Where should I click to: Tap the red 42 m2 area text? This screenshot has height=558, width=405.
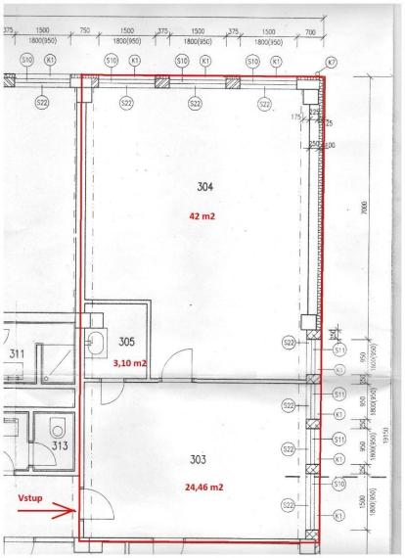[202, 214]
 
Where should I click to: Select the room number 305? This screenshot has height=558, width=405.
[127, 343]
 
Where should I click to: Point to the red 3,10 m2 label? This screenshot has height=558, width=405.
[129, 362]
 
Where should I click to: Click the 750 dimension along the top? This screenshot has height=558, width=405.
[85, 31]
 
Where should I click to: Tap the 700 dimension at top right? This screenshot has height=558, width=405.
[310, 31]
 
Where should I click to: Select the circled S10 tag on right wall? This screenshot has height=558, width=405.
[338, 483]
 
